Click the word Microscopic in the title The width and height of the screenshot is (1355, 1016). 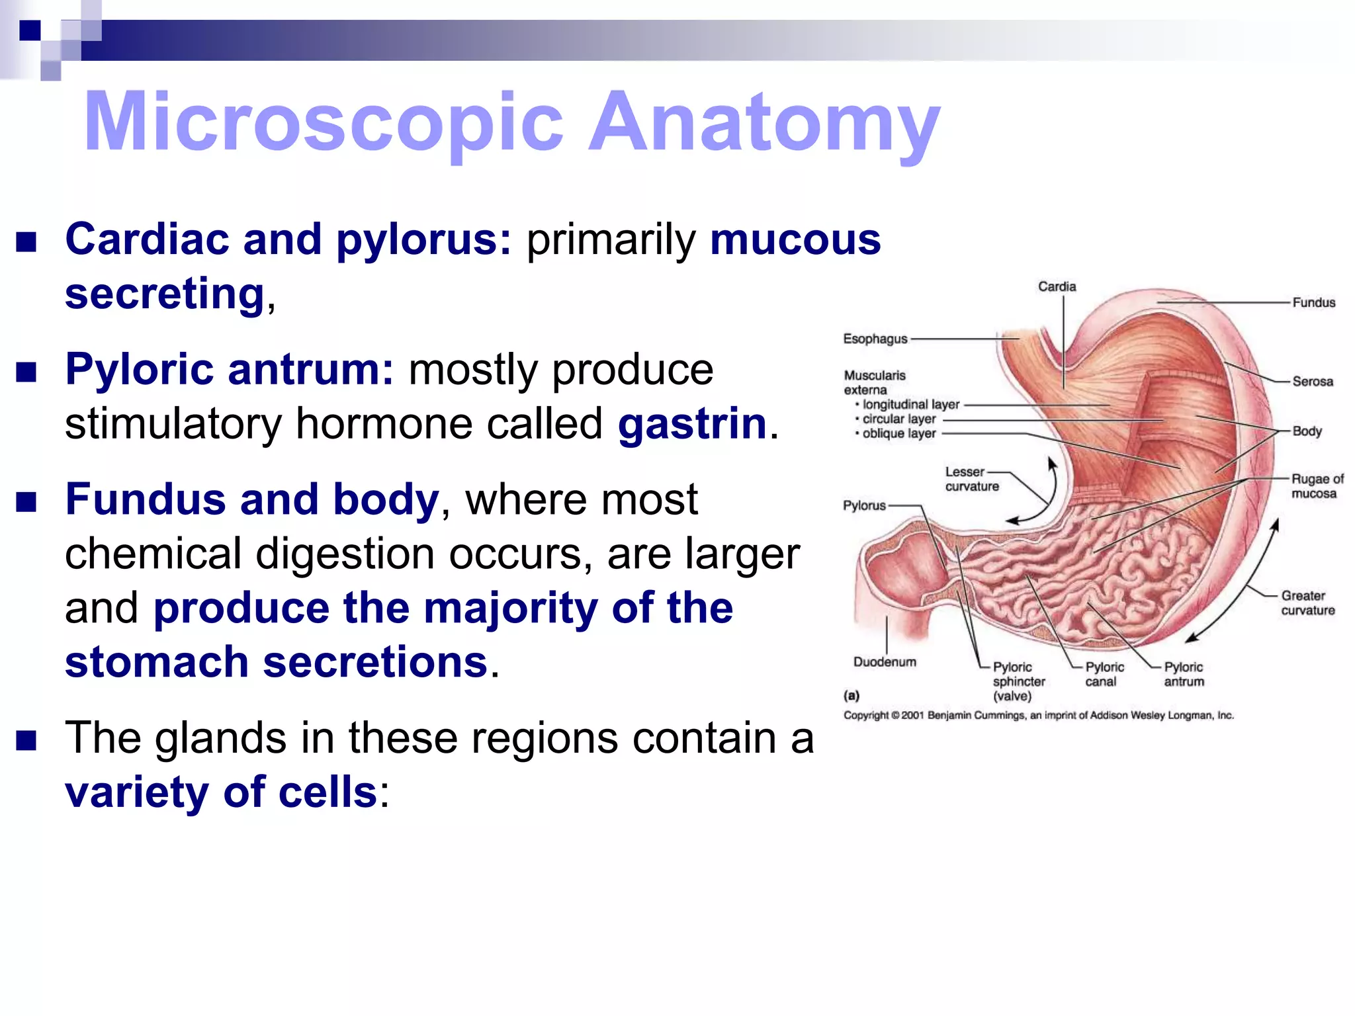click(324, 122)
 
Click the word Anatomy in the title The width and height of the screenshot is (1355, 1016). click(764, 122)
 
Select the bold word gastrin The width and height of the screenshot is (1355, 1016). click(692, 423)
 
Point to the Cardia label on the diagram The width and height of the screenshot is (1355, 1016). click(1057, 286)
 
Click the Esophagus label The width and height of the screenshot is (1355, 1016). click(875, 339)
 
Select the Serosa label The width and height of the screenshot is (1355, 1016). click(1313, 381)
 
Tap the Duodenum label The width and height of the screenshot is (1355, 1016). click(885, 661)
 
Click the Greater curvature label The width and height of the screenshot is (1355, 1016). click(1307, 603)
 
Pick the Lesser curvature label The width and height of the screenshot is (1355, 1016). click(971, 479)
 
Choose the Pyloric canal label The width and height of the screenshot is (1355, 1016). click(1104, 674)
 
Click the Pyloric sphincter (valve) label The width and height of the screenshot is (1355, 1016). click(1018, 681)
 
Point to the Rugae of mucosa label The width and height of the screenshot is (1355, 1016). click(1317, 486)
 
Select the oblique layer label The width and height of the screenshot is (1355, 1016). click(899, 433)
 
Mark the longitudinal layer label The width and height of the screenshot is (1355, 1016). click(911, 404)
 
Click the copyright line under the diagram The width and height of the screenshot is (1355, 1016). click(1038, 715)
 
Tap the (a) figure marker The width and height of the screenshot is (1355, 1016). click(851, 695)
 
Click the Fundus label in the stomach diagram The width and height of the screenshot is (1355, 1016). click(1313, 302)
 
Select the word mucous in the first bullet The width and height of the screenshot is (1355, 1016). click(795, 239)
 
